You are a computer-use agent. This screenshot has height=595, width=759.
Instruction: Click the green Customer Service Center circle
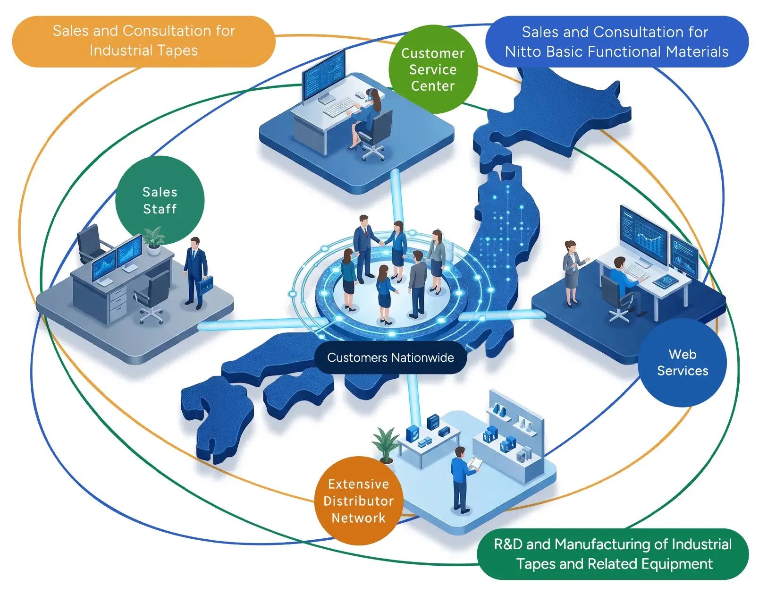433,69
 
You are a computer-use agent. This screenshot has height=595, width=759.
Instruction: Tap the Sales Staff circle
160,200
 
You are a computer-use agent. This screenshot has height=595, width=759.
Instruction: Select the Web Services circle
682,362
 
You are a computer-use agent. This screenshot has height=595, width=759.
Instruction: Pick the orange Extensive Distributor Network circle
359,501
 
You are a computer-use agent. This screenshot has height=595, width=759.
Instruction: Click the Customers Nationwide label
390,357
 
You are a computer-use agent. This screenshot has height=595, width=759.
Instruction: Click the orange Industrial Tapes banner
143,41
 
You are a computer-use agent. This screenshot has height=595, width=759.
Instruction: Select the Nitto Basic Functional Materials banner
617,42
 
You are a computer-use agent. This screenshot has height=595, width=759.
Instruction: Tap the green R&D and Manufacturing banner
613,554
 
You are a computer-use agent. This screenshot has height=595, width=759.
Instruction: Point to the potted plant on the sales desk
154,240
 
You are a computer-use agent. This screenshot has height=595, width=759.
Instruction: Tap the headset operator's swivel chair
375,136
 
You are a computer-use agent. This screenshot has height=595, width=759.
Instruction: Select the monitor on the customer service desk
323,77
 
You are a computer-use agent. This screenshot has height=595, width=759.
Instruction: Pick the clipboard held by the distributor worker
475,463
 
